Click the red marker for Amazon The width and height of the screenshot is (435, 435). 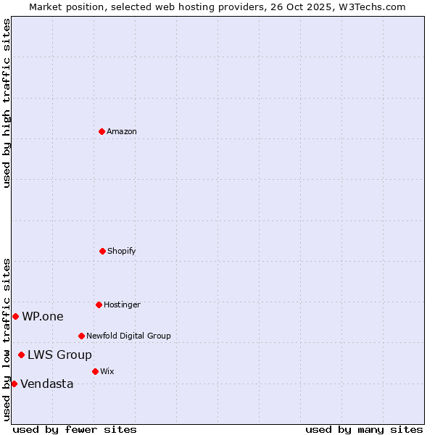(101, 131)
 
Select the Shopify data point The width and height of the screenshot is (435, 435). (102, 251)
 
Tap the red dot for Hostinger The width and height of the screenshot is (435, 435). (99, 304)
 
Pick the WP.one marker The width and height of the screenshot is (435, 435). (15, 316)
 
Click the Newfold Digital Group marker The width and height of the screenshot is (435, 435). (81, 336)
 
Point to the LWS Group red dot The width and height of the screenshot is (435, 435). (21, 355)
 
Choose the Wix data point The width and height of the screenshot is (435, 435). (95, 371)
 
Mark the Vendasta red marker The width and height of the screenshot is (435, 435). (14, 384)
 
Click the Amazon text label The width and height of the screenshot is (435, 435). (122, 131)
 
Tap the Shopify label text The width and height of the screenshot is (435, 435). (122, 251)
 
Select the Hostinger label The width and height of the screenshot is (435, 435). (122, 304)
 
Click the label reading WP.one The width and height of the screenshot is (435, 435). (43, 316)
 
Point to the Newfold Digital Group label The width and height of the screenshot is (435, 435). (128, 336)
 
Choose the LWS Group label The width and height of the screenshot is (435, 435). (59, 355)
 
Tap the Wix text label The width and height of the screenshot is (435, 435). (107, 371)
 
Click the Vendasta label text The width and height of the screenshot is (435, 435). (47, 384)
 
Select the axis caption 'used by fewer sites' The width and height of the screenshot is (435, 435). (75, 429)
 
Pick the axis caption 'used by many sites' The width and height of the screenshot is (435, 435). (364, 429)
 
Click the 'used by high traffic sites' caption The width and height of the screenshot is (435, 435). (7, 103)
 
